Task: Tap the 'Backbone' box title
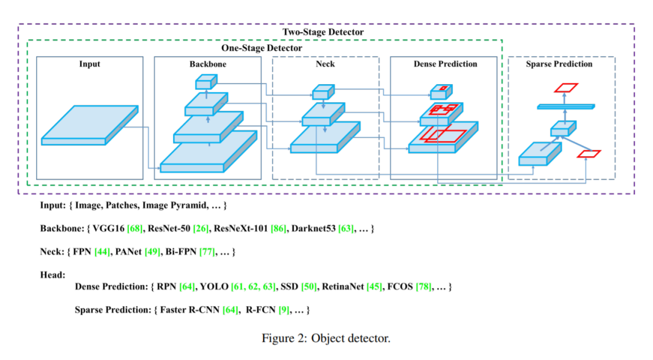207,64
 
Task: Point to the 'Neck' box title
325,64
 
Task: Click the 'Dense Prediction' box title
445,64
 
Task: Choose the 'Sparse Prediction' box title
559,64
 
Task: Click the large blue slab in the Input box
89,125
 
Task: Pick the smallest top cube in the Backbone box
206,82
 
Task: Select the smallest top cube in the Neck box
322,92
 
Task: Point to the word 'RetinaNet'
343,286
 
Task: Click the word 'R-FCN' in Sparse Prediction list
261,310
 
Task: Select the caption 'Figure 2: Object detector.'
326,338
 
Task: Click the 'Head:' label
53,274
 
